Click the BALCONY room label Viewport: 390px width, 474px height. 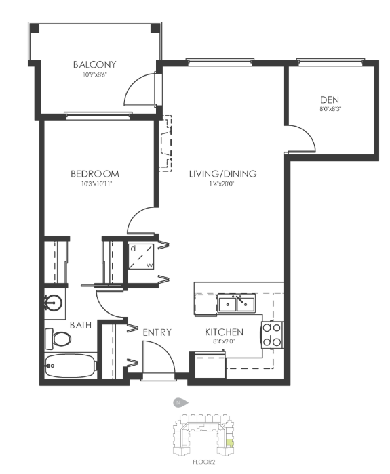coord(94,64)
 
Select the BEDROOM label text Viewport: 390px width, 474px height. coord(94,174)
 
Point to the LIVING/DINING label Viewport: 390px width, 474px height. coord(222,174)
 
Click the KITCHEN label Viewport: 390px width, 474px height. coord(225,332)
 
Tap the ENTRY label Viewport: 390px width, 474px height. coord(157,332)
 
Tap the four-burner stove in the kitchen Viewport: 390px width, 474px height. coord(273,334)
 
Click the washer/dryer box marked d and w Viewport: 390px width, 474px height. coord(142,256)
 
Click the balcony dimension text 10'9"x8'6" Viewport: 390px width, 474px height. coord(94,75)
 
